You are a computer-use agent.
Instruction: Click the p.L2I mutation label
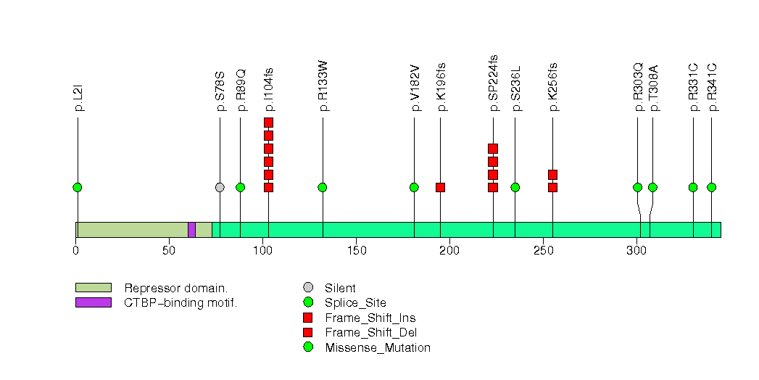(x=78, y=97)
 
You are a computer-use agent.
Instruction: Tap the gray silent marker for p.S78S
(x=220, y=187)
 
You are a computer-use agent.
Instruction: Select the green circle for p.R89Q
(x=240, y=187)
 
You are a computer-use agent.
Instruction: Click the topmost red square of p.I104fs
(x=268, y=123)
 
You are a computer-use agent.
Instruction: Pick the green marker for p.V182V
(x=414, y=187)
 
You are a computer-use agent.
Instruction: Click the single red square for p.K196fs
(x=440, y=187)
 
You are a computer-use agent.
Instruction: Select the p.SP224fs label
(x=494, y=83)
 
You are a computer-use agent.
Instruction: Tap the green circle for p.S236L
(x=515, y=187)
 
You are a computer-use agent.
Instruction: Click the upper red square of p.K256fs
(x=552, y=174)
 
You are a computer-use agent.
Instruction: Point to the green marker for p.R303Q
(x=638, y=187)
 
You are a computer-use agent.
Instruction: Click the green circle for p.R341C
(x=711, y=187)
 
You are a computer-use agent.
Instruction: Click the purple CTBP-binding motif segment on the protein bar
(x=191, y=230)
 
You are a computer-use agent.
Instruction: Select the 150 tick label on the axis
(x=356, y=251)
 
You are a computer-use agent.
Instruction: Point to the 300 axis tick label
(x=636, y=251)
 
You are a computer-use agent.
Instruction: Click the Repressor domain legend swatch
(x=93, y=288)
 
